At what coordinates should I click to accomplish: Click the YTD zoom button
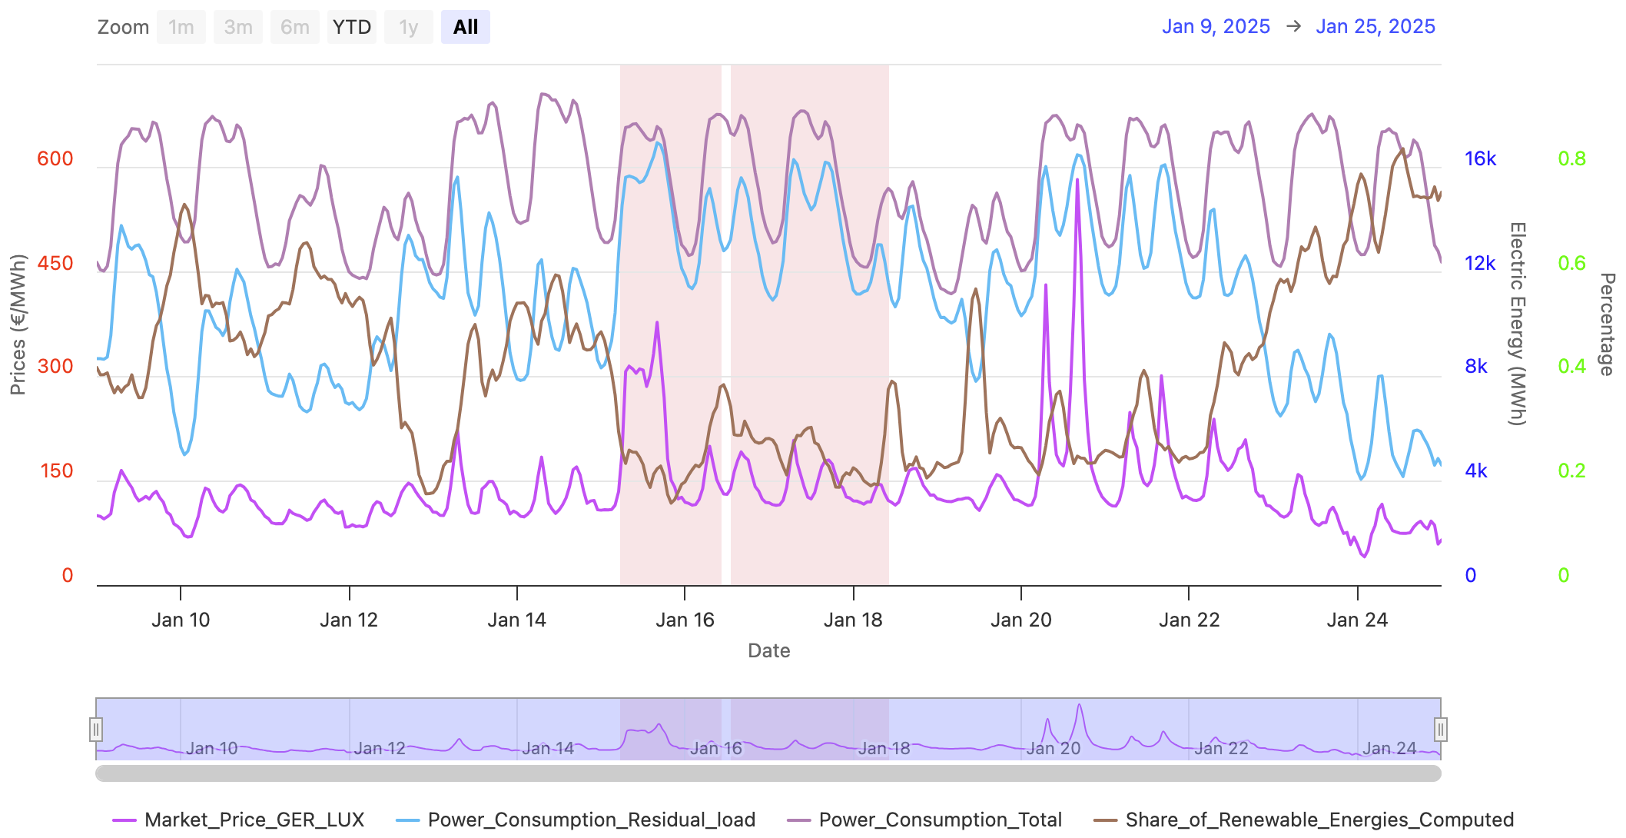point(351,28)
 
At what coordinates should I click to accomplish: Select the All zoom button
point(465,28)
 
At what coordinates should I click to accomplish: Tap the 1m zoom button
point(181,28)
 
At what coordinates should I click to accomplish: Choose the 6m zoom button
point(294,28)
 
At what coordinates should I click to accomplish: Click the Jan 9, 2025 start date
point(1216,27)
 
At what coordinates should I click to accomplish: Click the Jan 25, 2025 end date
point(1375,27)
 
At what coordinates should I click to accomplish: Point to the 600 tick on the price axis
point(55,159)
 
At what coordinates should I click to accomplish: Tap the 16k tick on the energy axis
point(1480,159)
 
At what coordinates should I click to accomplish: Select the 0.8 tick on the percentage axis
point(1571,159)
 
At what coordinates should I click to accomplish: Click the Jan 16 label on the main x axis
point(685,620)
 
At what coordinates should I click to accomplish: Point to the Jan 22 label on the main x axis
point(1189,620)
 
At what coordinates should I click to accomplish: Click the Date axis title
point(768,651)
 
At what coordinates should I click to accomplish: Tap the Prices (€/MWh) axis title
point(18,324)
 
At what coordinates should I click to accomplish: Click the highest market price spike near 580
point(1077,181)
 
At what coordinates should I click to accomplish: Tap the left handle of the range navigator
point(96,729)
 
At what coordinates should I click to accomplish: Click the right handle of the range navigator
point(1441,729)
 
